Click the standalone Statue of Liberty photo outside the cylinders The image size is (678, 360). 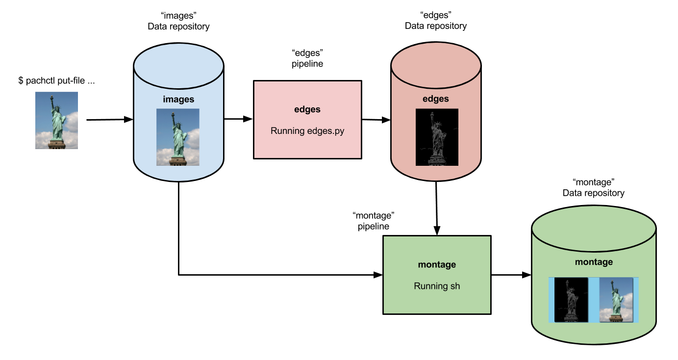pyautogui.click(x=56, y=120)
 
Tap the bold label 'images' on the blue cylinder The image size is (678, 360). pyautogui.click(x=178, y=100)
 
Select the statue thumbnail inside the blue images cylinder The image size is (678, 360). pyautogui.click(x=178, y=137)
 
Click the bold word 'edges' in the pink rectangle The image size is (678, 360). pyautogui.click(x=307, y=109)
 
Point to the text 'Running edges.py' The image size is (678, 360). pyautogui.click(x=307, y=131)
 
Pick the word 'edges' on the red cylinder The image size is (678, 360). pyautogui.click(x=436, y=99)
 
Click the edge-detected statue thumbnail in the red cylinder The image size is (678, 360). pyautogui.click(x=437, y=137)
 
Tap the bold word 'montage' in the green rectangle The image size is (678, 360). pyautogui.click(x=437, y=264)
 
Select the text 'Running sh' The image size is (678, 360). pyautogui.click(x=437, y=286)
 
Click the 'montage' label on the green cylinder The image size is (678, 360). pyautogui.click(x=594, y=262)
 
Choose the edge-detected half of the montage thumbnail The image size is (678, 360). pyautogui.click(x=571, y=300)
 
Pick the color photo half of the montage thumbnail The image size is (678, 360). pyautogui.click(x=616, y=300)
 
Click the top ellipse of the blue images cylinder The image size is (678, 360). pyautogui.click(x=178, y=65)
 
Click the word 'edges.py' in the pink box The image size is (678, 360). pyautogui.click(x=326, y=131)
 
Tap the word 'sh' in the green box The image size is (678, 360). pyautogui.click(x=455, y=286)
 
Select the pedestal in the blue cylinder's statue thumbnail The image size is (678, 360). pyautogui.click(x=177, y=160)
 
